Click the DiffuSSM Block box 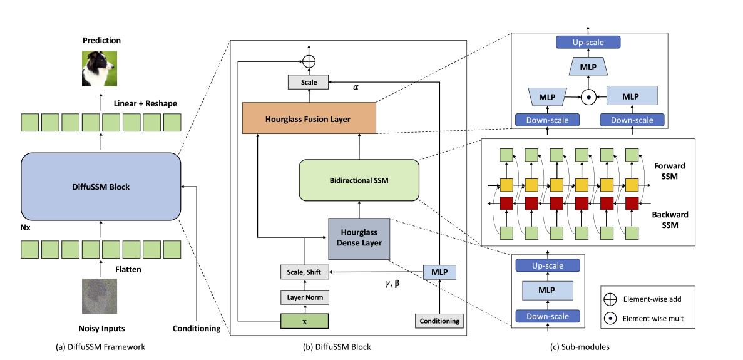101,186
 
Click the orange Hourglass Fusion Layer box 309,118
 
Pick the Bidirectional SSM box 359,180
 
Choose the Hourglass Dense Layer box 359,239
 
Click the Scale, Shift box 304,272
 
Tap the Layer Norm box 304,297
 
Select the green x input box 304,321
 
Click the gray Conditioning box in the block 439,321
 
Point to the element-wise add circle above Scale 309,61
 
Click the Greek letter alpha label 356,88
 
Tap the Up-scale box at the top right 588,42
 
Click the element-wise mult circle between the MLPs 588,97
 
